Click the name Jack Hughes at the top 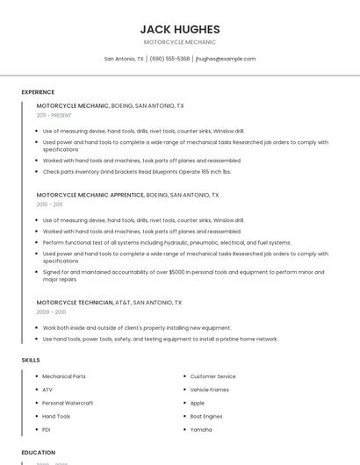click(x=180, y=29)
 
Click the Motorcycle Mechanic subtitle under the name click(x=180, y=42)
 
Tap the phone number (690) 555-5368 click(x=169, y=59)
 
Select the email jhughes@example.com click(x=226, y=59)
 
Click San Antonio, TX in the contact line click(x=124, y=59)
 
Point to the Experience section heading click(x=38, y=92)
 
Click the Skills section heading click(x=31, y=360)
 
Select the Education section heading click(x=39, y=453)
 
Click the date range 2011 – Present click(x=54, y=115)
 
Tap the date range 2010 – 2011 click(x=50, y=204)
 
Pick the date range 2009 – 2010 click(x=51, y=311)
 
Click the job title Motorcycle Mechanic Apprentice click(x=90, y=195)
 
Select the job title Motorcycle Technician click(x=75, y=302)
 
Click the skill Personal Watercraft click(x=68, y=403)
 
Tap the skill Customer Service click(x=212, y=376)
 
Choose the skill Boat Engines click(x=206, y=416)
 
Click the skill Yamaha click(x=201, y=429)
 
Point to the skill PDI click(x=47, y=429)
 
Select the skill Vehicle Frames click(x=209, y=390)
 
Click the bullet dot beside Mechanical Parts click(x=36, y=376)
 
